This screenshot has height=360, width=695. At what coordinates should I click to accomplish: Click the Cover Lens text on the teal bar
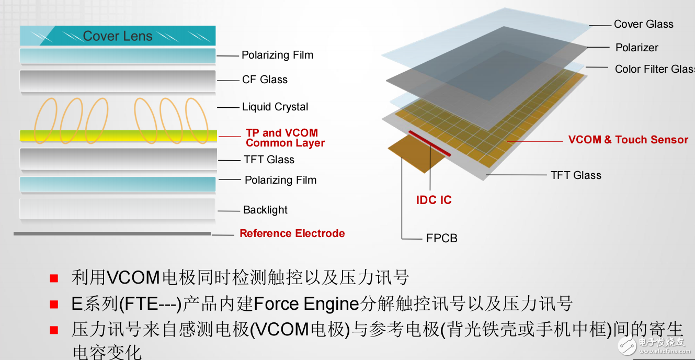[118, 36]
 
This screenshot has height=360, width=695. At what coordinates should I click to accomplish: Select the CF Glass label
[265, 80]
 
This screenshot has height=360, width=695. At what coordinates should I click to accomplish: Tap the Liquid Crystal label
[275, 107]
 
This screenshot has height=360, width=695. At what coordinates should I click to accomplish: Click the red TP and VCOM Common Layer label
[285, 138]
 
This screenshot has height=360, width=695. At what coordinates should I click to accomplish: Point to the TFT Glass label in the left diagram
[269, 160]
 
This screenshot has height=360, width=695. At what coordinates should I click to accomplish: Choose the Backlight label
[265, 210]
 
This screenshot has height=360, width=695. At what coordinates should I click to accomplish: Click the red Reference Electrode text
[292, 233]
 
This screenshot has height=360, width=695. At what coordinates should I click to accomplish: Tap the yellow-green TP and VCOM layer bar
[118, 136]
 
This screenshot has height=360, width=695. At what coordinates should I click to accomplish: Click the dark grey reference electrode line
[112, 233]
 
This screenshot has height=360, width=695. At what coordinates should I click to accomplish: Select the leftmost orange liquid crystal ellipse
[46, 120]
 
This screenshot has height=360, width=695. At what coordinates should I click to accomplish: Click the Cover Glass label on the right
[643, 24]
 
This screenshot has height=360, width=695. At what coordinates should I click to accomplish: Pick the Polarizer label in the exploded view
[636, 48]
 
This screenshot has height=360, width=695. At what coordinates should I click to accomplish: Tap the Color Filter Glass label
[654, 69]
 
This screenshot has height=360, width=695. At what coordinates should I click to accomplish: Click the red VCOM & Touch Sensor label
[628, 140]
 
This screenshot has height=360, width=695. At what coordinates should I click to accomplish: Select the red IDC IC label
[434, 200]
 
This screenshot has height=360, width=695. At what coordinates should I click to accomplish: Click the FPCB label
[441, 238]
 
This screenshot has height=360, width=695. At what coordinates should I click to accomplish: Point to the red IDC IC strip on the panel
[430, 143]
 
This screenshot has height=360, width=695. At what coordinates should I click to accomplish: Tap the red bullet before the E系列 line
[54, 304]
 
